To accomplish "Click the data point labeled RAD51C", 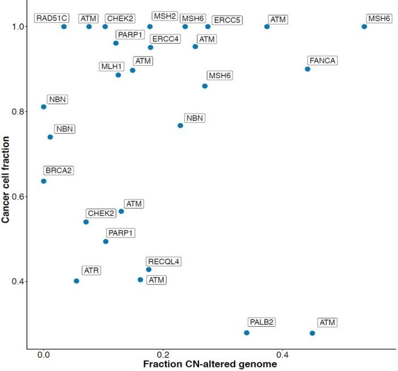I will coord(63,27).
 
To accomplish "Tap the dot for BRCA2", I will coord(44,181).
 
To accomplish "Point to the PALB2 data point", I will coord(247,332).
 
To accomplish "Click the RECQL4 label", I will coord(163,262).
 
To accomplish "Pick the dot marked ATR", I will coord(77,281).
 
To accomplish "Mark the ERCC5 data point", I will coord(208,27).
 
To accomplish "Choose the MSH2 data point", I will coord(150,27).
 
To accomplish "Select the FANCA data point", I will coord(307,69).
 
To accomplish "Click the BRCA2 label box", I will coord(58,170).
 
